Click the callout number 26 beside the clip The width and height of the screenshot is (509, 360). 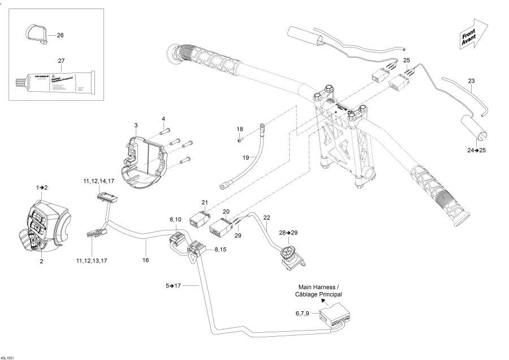60,35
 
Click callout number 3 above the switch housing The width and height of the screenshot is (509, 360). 136,125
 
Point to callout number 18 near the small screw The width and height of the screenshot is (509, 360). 239,130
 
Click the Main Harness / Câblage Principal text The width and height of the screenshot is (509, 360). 318,291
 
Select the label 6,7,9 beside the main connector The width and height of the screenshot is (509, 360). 303,313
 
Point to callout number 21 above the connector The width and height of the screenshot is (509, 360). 205,202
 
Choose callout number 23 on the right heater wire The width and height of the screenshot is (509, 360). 471,81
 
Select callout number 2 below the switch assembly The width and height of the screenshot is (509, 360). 41,261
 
